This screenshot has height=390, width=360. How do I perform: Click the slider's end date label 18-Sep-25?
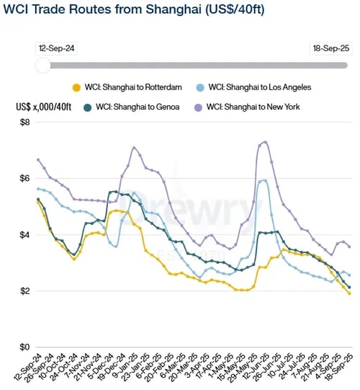coord(330,47)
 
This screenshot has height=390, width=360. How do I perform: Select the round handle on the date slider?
coord(43,66)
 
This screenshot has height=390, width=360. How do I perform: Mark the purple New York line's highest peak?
coord(266,141)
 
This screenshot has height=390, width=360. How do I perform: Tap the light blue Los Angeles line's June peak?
coord(264,180)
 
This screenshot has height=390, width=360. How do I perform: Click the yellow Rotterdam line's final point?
coord(350,293)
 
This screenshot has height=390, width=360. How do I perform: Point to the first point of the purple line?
coord(37,159)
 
